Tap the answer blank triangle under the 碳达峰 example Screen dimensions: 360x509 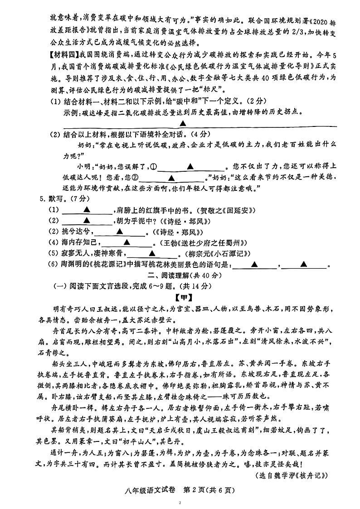click(x=183, y=123)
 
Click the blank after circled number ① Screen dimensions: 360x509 click(x=191, y=166)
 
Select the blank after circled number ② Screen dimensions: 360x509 click(x=171, y=178)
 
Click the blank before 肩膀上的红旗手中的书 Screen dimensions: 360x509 click(x=86, y=210)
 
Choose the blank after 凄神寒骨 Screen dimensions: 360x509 click(x=151, y=253)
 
